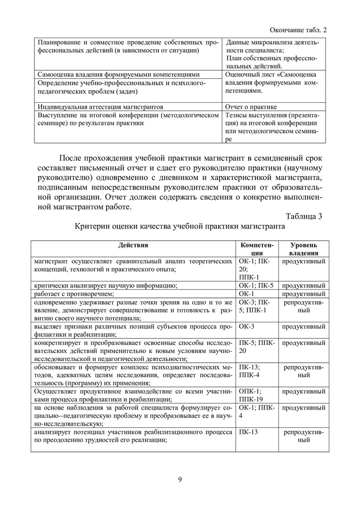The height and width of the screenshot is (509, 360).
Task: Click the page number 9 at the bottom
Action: [180, 480]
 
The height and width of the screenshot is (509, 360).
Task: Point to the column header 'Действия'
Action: [133, 245]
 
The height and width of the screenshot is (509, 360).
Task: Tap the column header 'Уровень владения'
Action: [303, 249]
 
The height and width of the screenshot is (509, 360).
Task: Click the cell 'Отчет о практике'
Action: [251, 107]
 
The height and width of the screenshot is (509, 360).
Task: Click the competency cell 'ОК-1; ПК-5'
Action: [256, 286]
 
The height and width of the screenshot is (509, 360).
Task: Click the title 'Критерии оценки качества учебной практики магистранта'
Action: [180, 227]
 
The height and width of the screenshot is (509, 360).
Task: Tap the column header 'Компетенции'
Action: [257, 249]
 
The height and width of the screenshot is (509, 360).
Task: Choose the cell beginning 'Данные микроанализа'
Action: [272, 54]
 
